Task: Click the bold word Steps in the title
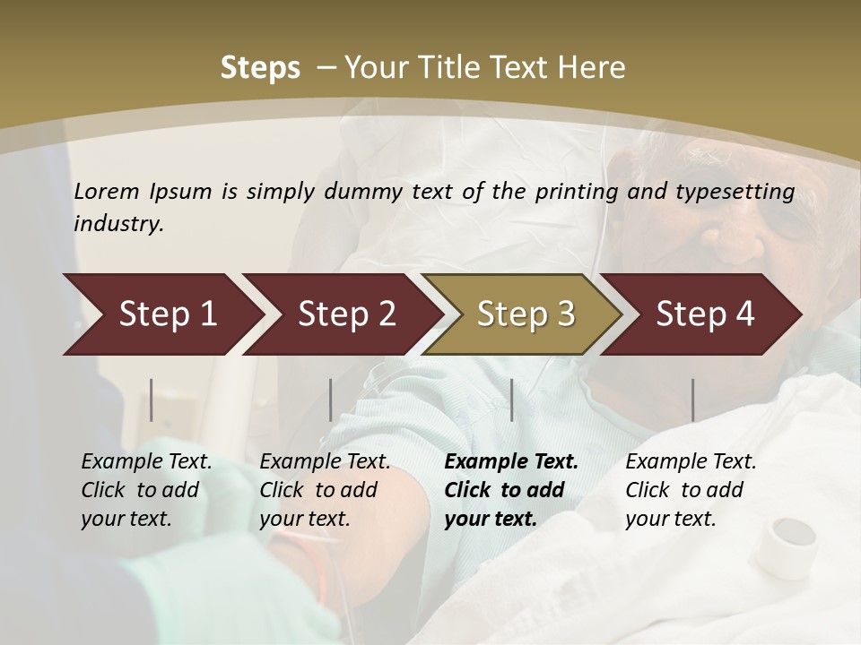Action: (x=260, y=68)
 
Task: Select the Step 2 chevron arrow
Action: (x=343, y=314)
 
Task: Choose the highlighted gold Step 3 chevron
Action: (x=522, y=314)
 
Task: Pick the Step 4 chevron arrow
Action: (x=701, y=314)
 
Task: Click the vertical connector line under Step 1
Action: (x=152, y=400)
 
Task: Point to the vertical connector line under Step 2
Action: (x=331, y=400)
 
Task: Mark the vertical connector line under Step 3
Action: (x=511, y=400)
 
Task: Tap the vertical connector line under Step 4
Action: (x=692, y=400)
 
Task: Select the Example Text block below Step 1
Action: (x=146, y=490)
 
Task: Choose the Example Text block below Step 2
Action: (x=325, y=490)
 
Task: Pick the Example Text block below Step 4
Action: (x=691, y=490)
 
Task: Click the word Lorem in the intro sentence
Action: (x=107, y=192)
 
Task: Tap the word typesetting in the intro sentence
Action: (x=737, y=192)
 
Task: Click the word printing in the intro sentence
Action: (x=574, y=192)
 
